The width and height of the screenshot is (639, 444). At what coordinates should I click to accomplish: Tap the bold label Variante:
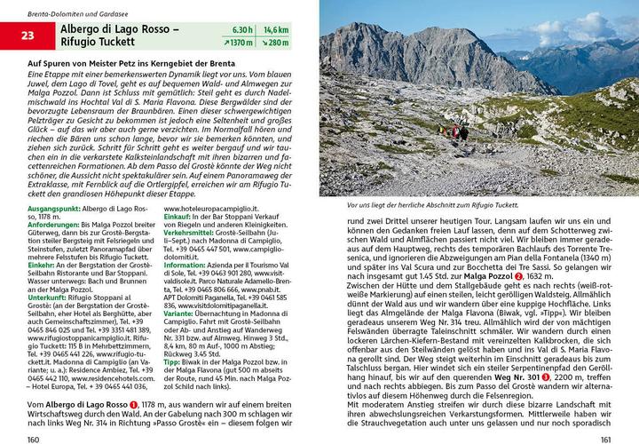[182, 313]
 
